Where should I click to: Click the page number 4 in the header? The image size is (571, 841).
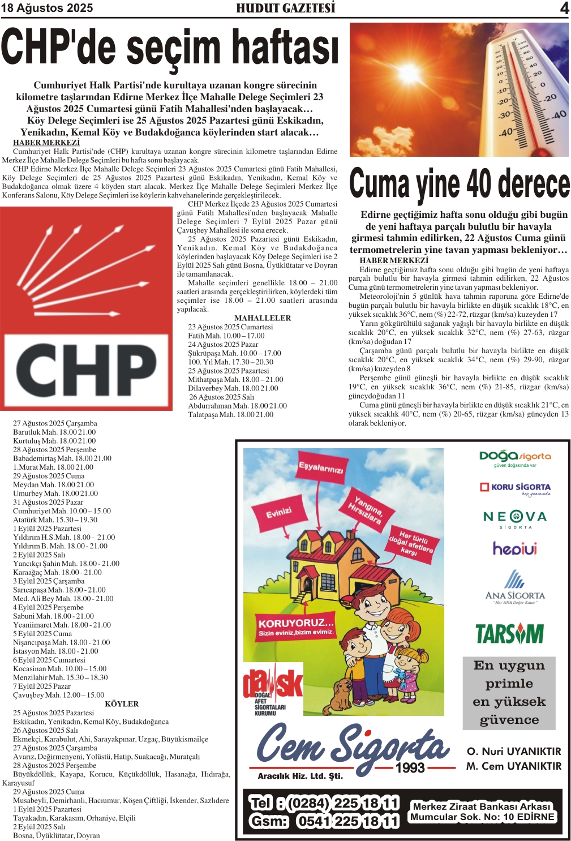point(564,8)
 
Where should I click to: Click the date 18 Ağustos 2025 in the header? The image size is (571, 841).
point(47,8)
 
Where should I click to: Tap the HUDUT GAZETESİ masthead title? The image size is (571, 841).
point(285,8)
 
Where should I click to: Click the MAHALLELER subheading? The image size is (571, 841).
point(263,318)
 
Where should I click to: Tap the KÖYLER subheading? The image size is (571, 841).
point(122,704)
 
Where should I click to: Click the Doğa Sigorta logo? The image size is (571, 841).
point(514,457)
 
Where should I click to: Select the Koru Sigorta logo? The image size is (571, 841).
point(515,488)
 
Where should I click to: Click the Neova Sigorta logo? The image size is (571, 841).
point(515,518)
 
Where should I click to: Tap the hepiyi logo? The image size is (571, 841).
point(514,548)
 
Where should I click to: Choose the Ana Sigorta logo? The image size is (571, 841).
point(514,587)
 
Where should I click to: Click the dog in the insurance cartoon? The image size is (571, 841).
point(341,694)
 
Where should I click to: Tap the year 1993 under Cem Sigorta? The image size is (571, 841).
point(410,768)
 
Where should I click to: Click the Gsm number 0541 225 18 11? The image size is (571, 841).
point(347,821)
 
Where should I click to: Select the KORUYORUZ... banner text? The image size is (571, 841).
point(296,624)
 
